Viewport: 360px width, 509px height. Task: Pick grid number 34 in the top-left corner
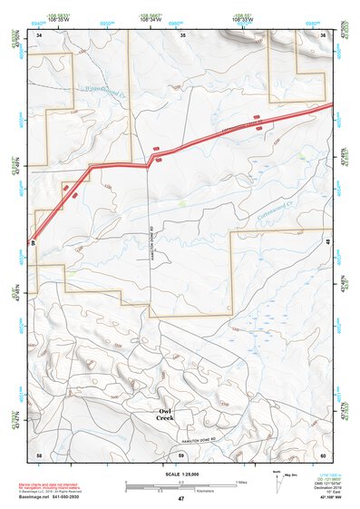[40, 34]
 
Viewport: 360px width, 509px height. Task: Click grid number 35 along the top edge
[182, 34]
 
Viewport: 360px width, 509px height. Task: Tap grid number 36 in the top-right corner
[324, 34]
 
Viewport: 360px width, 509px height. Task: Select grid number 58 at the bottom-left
[39, 454]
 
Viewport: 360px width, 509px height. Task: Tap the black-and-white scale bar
[180, 483]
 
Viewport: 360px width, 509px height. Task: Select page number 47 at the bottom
[180, 498]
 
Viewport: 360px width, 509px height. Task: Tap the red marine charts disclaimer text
[60, 483]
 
